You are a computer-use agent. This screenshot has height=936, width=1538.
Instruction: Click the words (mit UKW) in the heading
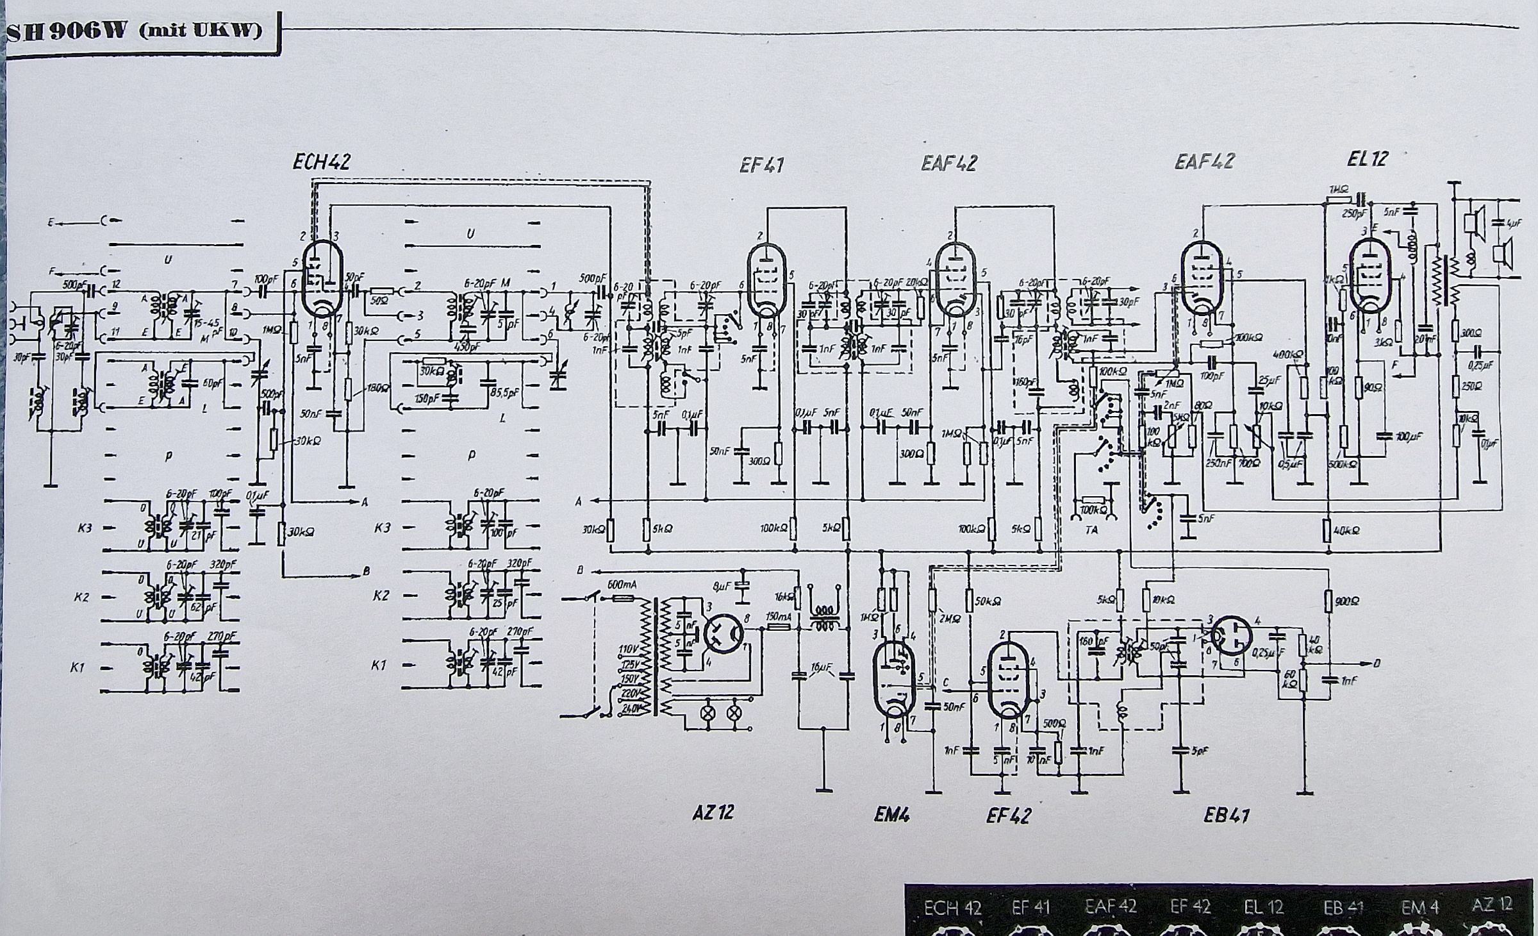click(200, 31)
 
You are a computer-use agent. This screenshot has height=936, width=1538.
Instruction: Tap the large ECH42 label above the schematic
click(322, 162)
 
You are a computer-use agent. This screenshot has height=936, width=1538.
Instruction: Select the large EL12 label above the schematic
click(1367, 159)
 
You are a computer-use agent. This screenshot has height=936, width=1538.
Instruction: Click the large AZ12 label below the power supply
click(713, 813)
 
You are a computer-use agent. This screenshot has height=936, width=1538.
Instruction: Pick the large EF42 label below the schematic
click(1009, 815)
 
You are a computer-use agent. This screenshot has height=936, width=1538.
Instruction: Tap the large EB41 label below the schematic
click(1227, 815)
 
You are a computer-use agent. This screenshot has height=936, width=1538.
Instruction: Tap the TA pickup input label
click(1092, 530)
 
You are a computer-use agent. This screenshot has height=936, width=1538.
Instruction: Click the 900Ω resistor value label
click(1346, 601)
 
